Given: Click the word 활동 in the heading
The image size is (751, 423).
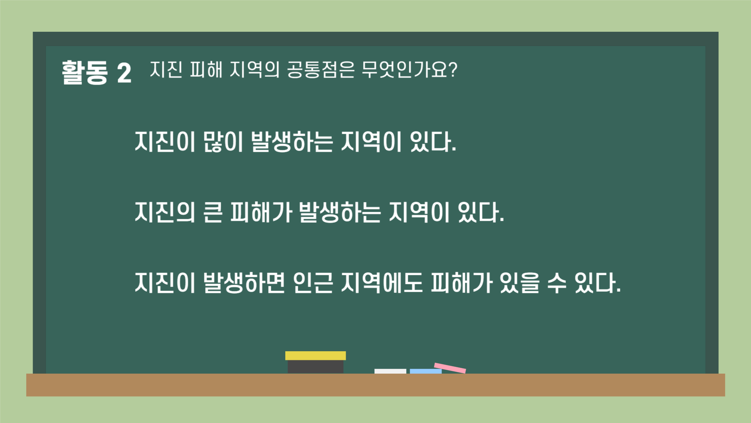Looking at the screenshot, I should point(85,73).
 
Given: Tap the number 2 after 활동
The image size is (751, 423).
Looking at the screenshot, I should point(124,73).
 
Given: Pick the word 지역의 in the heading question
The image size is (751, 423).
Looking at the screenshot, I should point(254,70).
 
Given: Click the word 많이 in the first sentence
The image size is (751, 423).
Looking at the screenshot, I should point(223,142).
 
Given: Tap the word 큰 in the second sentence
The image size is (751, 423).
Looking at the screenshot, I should point(213,212).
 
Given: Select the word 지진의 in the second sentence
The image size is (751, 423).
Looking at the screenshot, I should point(165,212).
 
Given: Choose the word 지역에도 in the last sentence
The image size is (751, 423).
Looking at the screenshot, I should point(382,283).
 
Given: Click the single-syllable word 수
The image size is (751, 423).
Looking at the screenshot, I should point(556,283).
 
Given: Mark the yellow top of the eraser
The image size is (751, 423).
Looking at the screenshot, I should point(315,356).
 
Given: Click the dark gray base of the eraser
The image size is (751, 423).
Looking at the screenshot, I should point(315,367).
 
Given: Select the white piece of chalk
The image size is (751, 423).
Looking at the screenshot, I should point(390,371).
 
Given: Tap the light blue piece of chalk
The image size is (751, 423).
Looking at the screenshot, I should point(425,371).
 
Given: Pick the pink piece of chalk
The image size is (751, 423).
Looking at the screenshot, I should point(450,368).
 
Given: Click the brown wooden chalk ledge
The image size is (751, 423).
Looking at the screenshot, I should point(375,385).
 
